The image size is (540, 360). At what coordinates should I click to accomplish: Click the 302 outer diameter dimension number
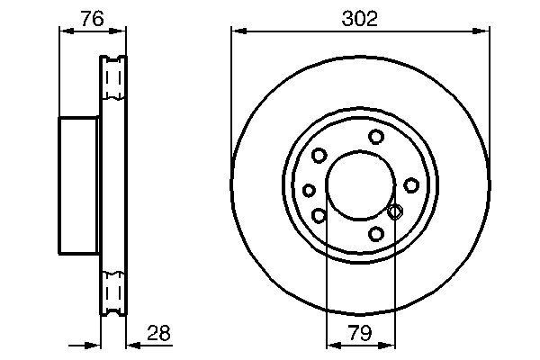point(360,16)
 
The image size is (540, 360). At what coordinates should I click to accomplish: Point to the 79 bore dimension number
point(360,334)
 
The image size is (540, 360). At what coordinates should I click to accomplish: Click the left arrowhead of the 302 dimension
point(236,31)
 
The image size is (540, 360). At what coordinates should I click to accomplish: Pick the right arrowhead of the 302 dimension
point(486,31)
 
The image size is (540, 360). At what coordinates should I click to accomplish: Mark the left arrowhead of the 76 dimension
point(64,31)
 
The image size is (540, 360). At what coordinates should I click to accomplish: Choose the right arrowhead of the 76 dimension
point(122,31)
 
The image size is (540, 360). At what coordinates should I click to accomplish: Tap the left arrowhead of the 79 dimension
point(330,343)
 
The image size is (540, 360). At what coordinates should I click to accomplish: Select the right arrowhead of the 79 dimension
point(390,343)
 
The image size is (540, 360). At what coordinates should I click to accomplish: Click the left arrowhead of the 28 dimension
point(94,343)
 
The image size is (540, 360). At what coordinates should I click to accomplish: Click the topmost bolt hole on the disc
point(376,137)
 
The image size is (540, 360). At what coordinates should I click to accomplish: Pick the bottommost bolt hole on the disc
point(376,235)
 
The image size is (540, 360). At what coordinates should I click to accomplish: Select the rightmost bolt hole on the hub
point(410,184)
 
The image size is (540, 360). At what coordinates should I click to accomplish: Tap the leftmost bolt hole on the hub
point(310,190)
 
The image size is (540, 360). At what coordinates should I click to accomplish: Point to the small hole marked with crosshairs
point(393,212)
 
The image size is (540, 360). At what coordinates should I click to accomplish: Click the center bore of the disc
point(360,185)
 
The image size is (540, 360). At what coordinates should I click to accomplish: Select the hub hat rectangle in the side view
point(79,185)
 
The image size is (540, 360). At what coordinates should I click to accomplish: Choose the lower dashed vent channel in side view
point(113,291)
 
